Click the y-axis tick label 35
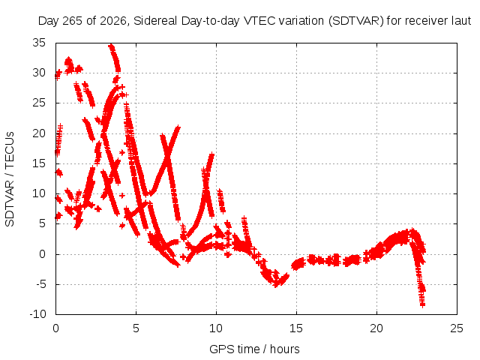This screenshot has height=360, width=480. pyautogui.click(x=39, y=43)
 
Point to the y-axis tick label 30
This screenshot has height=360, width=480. pyautogui.click(x=39, y=73)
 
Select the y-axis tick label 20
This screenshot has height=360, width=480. pyautogui.click(x=39, y=133)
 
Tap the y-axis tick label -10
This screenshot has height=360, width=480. pyautogui.click(x=37, y=314)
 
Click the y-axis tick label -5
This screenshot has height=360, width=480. pyautogui.click(x=40, y=284)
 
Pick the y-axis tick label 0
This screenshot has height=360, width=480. pyautogui.click(x=42, y=254)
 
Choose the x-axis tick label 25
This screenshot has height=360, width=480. pyautogui.click(x=457, y=328)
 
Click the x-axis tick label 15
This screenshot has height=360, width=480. pyautogui.click(x=296, y=328)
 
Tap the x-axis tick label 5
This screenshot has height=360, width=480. pyautogui.click(x=136, y=328)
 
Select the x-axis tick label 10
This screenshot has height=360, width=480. pyautogui.click(x=216, y=328)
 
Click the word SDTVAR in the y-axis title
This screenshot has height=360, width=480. pyautogui.click(x=10, y=203)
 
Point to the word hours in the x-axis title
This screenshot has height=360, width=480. pyautogui.click(x=285, y=349)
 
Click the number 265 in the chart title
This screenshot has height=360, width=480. pyautogui.click(x=73, y=21)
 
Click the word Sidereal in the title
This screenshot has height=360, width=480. pyautogui.click(x=155, y=21)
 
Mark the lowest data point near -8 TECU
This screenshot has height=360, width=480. pyautogui.click(x=422, y=304)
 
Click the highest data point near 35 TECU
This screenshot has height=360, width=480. pyautogui.click(x=111, y=46)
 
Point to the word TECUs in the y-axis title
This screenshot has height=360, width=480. pyautogui.click(x=10, y=149)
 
